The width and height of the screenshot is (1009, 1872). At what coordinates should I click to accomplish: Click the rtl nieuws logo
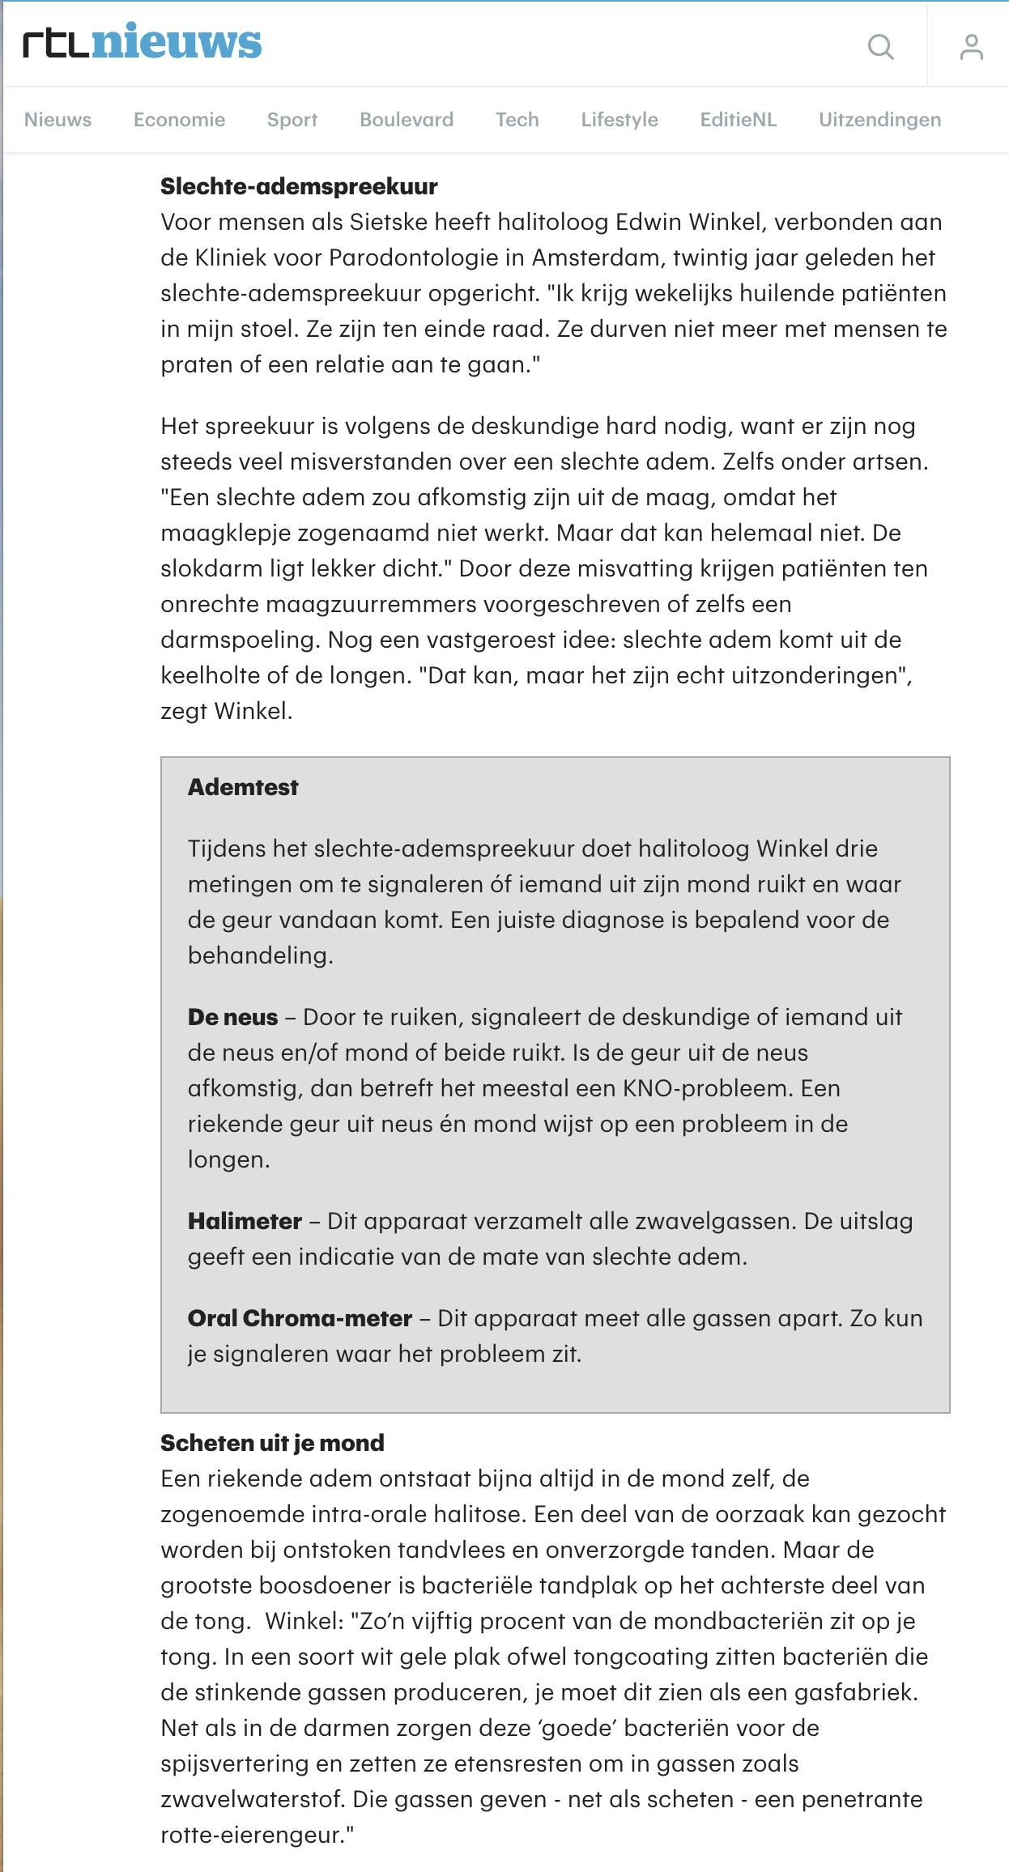point(143,43)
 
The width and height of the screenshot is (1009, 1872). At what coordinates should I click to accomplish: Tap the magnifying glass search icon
point(880,47)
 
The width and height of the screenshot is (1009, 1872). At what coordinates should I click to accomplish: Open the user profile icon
point(971,47)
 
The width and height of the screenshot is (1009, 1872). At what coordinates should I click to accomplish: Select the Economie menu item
point(179,120)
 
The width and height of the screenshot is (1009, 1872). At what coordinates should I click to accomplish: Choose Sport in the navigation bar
point(292,120)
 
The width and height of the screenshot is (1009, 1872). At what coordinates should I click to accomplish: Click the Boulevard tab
point(407,120)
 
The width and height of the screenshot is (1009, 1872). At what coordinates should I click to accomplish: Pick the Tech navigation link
point(517,120)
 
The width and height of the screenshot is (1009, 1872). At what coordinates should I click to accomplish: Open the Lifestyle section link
point(619,120)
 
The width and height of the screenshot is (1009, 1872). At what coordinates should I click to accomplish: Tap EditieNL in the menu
point(738,120)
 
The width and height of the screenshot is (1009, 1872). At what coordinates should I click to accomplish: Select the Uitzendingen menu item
point(879,120)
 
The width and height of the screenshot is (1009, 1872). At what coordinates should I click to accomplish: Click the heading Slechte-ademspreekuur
point(299,186)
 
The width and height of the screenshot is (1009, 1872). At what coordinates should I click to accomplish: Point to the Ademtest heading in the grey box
point(243,787)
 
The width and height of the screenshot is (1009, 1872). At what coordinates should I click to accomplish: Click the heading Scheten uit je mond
point(272,1443)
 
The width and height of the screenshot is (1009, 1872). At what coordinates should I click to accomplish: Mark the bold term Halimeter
point(245,1221)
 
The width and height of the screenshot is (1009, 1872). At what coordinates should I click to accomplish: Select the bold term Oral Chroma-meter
point(300,1318)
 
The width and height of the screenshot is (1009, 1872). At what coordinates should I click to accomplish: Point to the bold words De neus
point(232,1017)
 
